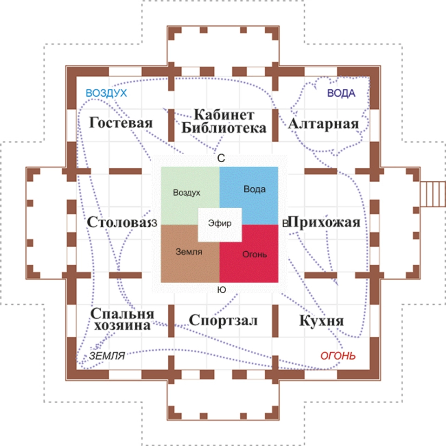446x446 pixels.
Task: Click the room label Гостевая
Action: [121, 123]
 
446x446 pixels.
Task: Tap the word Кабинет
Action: [224, 115]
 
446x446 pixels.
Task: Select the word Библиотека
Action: [224, 128]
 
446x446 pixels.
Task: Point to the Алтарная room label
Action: [323, 124]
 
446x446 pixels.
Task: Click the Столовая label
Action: [118, 222]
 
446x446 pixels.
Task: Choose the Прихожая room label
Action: [324, 222]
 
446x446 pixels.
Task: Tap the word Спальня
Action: [122, 314]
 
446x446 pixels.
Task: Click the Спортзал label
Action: [223, 320]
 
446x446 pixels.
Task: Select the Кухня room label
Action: [321, 321]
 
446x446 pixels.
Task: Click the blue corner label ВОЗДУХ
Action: [106, 93]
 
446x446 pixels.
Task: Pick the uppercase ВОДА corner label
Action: [341, 93]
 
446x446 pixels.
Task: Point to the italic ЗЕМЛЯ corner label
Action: [107, 356]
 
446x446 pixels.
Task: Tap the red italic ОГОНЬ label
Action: [338, 356]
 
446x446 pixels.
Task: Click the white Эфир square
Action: [220, 225]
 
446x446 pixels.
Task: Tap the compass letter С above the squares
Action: [221, 158]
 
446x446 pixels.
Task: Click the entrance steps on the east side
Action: [433, 194]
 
